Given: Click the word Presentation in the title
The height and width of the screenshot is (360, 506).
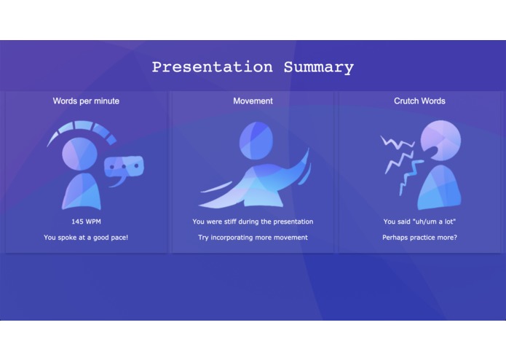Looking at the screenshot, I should (x=212, y=67).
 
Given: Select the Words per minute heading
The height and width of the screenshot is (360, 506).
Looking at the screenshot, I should (x=86, y=101).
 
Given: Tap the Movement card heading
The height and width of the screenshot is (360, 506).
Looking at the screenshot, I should (x=253, y=101).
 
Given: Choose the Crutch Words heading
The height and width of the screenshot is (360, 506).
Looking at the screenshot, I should (x=419, y=101).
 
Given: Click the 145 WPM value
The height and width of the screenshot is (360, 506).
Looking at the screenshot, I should (x=86, y=222).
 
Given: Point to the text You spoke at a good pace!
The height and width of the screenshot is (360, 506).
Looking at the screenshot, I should (x=86, y=238).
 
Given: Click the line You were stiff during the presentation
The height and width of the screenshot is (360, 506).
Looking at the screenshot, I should (x=253, y=222).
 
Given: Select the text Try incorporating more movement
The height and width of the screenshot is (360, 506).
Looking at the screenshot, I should (x=253, y=238).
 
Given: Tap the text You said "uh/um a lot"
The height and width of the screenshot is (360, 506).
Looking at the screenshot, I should (x=419, y=222).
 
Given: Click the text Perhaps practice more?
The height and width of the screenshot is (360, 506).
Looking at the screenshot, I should (x=419, y=238).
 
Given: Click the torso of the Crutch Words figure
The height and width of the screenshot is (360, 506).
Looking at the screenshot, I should (x=441, y=188).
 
